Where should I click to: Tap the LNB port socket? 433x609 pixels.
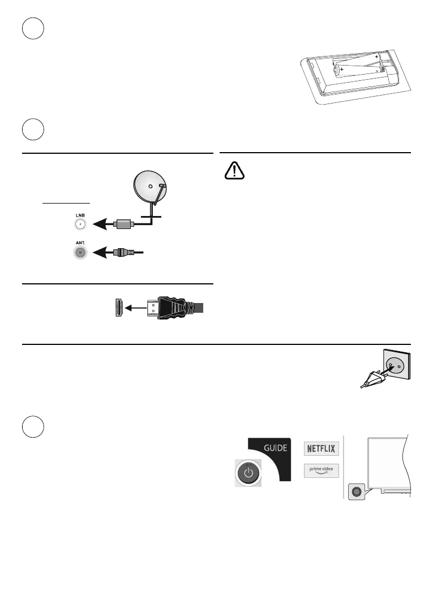[80, 224]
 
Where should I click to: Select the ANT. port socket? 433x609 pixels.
[80, 252]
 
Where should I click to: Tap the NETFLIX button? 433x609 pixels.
[321, 449]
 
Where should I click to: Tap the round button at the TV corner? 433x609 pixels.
[356, 491]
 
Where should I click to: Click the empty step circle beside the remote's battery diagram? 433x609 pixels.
[33, 28]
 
